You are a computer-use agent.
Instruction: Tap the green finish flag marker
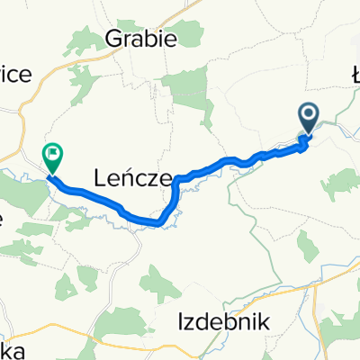click(x=53, y=158)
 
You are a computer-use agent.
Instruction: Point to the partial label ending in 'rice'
click(x=15, y=75)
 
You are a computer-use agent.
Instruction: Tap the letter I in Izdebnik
click(x=181, y=320)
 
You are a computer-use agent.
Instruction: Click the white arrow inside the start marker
click(x=308, y=114)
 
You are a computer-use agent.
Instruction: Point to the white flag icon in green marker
click(x=53, y=154)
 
